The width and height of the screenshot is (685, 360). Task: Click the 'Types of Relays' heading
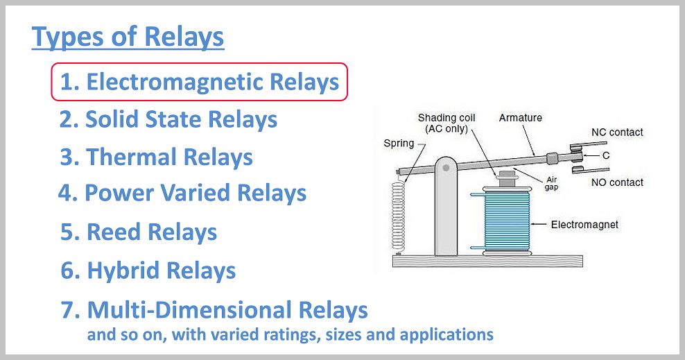click(x=128, y=37)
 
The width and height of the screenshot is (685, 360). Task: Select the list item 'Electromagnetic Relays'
click(x=199, y=82)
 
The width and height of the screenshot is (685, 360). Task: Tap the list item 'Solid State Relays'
click(x=168, y=120)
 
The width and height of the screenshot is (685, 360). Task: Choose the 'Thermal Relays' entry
click(x=156, y=157)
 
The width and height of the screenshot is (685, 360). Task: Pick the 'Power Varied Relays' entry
click(x=182, y=193)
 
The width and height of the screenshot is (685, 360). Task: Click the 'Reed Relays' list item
click(x=139, y=232)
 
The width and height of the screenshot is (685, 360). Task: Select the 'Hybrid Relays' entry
click(x=148, y=271)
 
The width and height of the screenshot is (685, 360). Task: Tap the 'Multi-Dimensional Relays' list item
click(x=214, y=310)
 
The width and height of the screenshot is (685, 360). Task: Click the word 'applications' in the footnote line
click(x=446, y=335)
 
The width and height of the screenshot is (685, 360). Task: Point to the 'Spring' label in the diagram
click(x=399, y=144)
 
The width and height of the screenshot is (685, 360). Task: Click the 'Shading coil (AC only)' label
click(x=446, y=123)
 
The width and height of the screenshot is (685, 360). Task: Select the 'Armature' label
click(x=520, y=117)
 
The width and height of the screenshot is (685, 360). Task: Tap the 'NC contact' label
click(x=617, y=132)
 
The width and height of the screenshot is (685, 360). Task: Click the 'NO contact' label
click(x=617, y=182)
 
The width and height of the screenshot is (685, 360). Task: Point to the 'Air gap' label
click(x=551, y=184)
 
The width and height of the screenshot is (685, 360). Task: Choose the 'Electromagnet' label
click(x=584, y=225)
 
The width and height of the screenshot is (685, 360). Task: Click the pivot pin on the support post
click(x=446, y=168)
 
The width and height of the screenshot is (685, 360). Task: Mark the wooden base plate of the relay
click(x=487, y=262)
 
